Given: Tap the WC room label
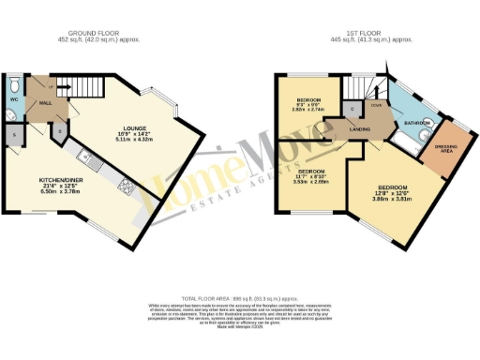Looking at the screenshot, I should (14, 98).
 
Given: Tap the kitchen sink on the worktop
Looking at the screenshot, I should (85, 156).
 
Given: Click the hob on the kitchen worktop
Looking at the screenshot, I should (125, 187).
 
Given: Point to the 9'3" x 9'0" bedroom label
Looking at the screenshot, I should (310, 103).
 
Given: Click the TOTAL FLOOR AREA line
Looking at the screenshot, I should (240, 294).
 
